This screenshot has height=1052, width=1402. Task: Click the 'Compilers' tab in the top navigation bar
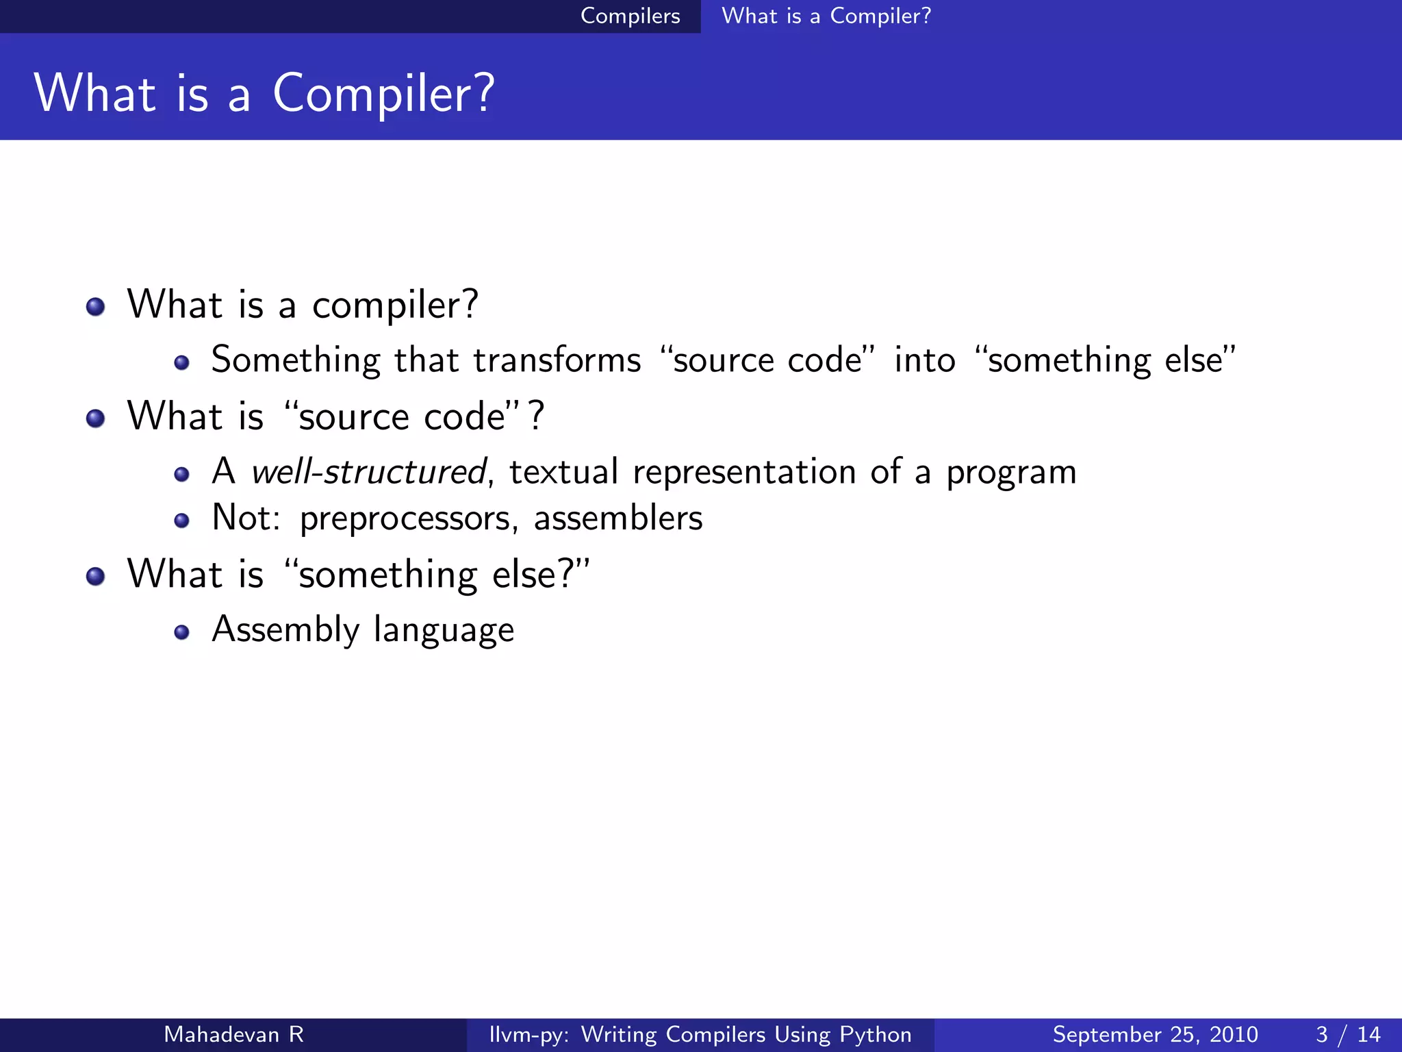(630, 16)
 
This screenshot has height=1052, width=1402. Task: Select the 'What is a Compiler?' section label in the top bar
(826, 16)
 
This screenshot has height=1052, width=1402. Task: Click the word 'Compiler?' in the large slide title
(383, 94)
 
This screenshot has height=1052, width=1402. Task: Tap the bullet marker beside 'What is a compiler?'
(96, 306)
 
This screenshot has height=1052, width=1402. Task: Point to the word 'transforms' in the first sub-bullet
(557, 360)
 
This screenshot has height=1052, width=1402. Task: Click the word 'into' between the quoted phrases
(924, 360)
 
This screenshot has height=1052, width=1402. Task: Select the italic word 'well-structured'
(368, 472)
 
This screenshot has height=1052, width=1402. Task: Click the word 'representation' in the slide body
(744, 472)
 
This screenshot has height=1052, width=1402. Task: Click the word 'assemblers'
(617, 518)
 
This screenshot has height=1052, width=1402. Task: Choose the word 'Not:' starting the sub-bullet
(246, 518)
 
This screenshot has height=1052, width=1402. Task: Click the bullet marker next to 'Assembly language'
(181, 632)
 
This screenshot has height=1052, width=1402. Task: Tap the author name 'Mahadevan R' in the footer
(233, 1034)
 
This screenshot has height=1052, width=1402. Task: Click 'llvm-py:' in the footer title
(528, 1034)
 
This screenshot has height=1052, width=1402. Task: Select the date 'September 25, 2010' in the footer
(1155, 1034)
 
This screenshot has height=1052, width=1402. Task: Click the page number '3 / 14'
(1347, 1034)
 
